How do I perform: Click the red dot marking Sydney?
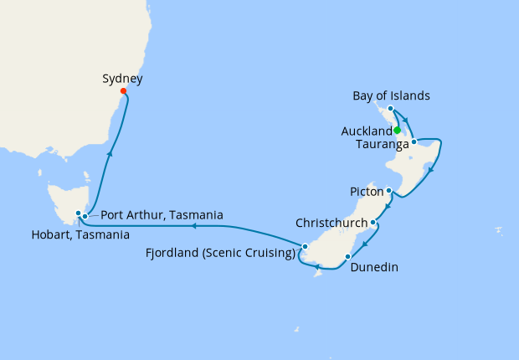click(x=123, y=91)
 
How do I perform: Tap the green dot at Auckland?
click(x=397, y=131)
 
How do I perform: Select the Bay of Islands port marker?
click(x=391, y=109)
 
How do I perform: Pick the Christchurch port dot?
click(x=373, y=223)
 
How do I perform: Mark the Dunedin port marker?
click(x=347, y=255)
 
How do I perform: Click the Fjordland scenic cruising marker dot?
click(x=306, y=246)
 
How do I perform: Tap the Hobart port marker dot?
click(x=77, y=213)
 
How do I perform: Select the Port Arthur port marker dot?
click(x=85, y=217)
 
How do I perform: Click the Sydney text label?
click(x=122, y=79)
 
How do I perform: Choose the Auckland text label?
click(x=367, y=131)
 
